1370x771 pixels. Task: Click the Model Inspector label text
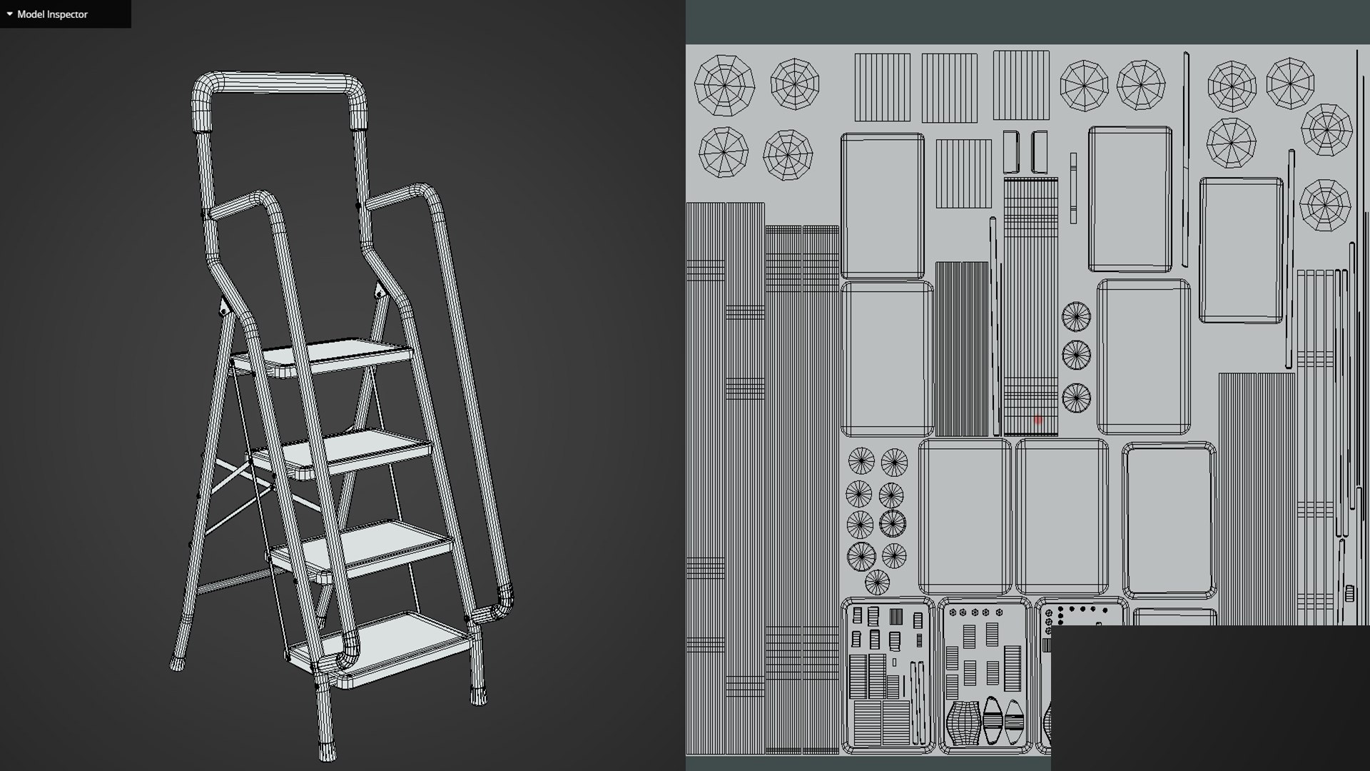(52, 14)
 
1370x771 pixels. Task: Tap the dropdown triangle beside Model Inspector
(9, 14)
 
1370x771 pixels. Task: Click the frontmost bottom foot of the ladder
(326, 751)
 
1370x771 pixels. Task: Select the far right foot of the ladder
(478, 695)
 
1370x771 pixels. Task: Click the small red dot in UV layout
(1038, 420)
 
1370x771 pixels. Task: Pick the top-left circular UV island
(724, 85)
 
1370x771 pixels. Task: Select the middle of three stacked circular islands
(1076, 354)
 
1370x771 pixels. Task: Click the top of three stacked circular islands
(1076, 316)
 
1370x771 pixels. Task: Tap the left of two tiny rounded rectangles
(1011, 151)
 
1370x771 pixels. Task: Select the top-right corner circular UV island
(1290, 84)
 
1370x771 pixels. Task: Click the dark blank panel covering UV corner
(1209, 696)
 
